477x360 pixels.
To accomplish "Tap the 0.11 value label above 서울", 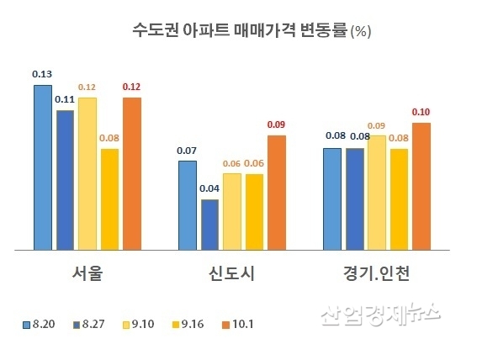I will [x=65, y=99].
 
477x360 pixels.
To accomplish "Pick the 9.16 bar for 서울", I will [x=109, y=199].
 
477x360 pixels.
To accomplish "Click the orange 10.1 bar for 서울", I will [x=132, y=173].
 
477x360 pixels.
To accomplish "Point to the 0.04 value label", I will [x=209, y=188].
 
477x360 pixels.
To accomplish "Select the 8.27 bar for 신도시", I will [x=209, y=225].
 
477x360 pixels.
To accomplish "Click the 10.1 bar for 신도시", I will [x=276, y=193].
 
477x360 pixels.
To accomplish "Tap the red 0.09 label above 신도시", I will [x=276, y=124].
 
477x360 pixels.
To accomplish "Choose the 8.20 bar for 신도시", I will [x=187, y=205].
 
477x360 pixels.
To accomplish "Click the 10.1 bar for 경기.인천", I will [x=421, y=186].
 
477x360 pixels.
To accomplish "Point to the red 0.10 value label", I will [x=421, y=112].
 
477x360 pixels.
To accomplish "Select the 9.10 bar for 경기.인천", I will [x=376, y=193].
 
